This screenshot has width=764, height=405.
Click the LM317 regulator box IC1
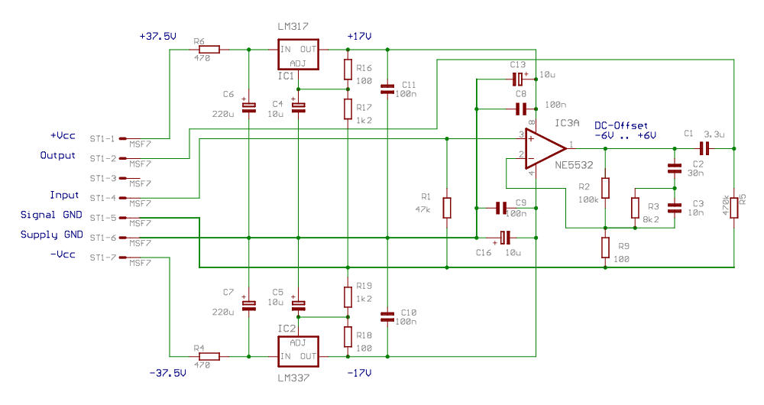coord(297,57)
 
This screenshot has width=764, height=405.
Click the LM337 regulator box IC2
coord(297,349)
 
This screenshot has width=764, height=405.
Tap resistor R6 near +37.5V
coord(209,50)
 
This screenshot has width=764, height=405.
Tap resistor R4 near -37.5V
coord(209,356)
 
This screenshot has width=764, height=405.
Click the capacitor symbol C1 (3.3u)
coord(704,147)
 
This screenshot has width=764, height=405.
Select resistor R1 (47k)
coord(447,208)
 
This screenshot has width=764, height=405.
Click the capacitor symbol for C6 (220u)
coord(248,108)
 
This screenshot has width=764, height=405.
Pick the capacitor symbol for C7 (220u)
coord(248,305)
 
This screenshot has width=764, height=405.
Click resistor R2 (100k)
coord(605,188)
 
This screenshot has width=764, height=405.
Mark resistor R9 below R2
coord(605,247)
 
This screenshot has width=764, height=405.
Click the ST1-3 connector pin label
coord(102,178)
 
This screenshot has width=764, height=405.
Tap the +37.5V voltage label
coord(158,36)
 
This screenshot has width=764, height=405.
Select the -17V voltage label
coord(358,374)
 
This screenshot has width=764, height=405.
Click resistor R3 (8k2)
coord(635,207)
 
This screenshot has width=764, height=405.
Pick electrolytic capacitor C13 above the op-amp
coord(519,79)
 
